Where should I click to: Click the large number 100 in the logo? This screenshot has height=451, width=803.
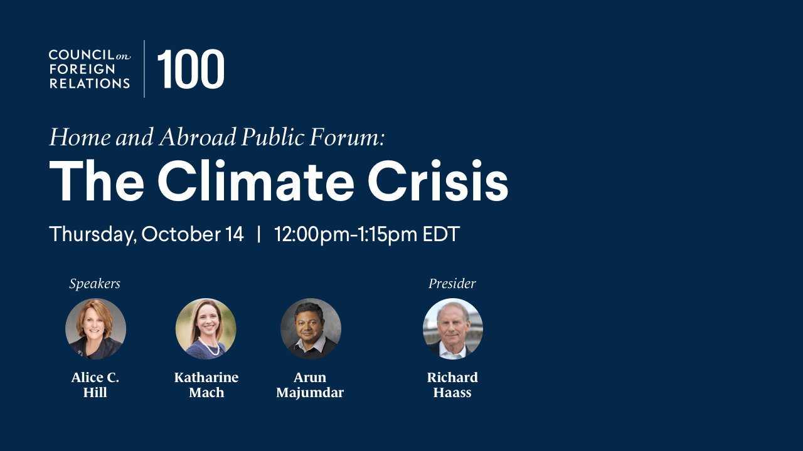pyautogui.click(x=191, y=69)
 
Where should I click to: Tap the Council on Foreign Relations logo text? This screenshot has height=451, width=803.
pyautogui.click(x=90, y=69)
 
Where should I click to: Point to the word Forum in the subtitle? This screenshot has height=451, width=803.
pyautogui.click(x=347, y=137)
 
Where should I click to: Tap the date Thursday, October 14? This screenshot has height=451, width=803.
pyautogui.click(x=146, y=234)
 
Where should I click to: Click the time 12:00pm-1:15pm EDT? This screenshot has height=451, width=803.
pyautogui.click(x=367, y=235)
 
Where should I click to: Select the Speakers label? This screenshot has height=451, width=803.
pyautogui.click(x=95, y=284)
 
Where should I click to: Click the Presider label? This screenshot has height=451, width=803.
pyautogui.click(x=452, y=284)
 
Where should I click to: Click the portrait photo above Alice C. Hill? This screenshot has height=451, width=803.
pyautogui.click(x=96, y=329)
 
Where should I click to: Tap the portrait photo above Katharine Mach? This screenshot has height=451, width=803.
pyautogui.click(x=206, y=329)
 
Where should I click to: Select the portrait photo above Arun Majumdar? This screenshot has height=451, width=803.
pyautogui.click(x=311, y=329)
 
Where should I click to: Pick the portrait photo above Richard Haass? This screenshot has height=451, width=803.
pyautogui.click(x=453, y=329)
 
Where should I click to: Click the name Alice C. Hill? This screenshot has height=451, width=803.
pyautogui.click(x=95, y=385)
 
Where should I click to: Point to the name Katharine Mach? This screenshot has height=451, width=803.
pyautogui.click(x=206, y=385)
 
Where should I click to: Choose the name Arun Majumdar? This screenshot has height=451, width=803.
pyautogui.click(x=310, y=385)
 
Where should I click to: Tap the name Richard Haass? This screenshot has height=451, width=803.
pyautogui.click(x=452, y=385)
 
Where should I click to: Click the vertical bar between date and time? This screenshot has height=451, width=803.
pyautogui.click(x=259, y=234)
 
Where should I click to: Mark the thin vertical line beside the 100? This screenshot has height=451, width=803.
pyautogui.click(x=144, y=69)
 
